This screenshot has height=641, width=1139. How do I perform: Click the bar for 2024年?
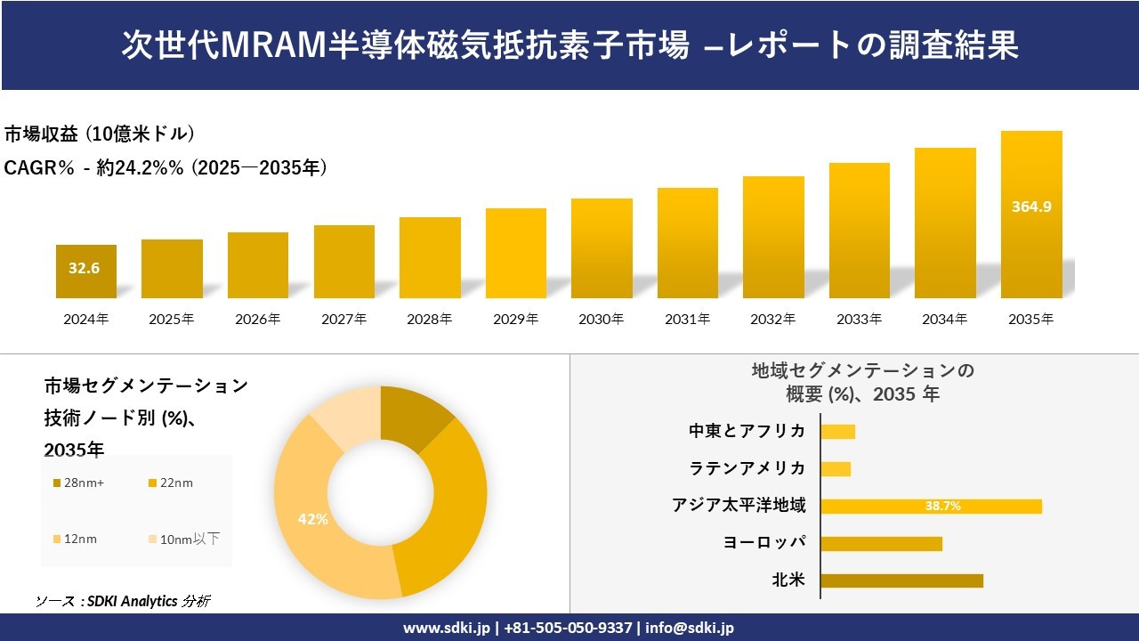click(x=86, y=272)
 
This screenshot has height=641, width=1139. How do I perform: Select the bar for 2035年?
click(x=1031, y=215)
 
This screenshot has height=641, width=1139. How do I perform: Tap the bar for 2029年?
click(x=516, y=253)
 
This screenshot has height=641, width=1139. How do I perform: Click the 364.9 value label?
click(x=1031, y=207)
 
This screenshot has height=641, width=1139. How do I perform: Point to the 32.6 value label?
click(x=84, y=267)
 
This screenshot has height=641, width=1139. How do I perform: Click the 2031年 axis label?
click(x=687, y=319)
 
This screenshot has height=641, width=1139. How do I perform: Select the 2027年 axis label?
click(x=343, y=319)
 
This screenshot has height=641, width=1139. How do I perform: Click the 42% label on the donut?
click(x=313, y=519)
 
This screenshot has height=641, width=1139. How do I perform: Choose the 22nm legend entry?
click(x=170, y=483)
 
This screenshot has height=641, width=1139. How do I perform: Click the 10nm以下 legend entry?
click(x=183, y=539)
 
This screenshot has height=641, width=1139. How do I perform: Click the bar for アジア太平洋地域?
click(x=931, y=506)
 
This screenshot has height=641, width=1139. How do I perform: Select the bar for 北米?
click(x=901, y=580)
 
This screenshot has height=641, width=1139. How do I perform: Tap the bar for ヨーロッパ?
click(x=881, y=543)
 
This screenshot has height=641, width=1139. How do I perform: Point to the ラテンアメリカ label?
click(x=747, y=468)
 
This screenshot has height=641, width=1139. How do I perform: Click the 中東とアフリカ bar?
click(x=837, y=432)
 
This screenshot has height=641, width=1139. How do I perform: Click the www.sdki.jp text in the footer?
click(x=446, y=628)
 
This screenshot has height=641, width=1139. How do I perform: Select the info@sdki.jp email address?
click(x=691, y=628)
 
